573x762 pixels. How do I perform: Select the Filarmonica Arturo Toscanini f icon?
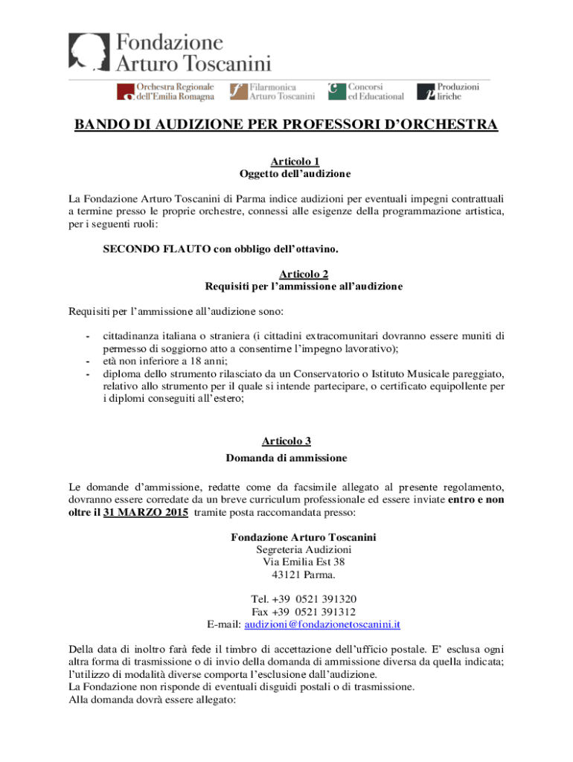tap(238, 92)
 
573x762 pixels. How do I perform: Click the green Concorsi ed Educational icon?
tap(337, 91)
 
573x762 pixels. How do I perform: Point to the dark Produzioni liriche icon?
tap(426, 92)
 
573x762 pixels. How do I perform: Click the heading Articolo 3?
tap(286, 441)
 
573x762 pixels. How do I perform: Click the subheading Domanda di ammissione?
tap(286, 457)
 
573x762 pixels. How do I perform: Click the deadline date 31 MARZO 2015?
tap(145, 513)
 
